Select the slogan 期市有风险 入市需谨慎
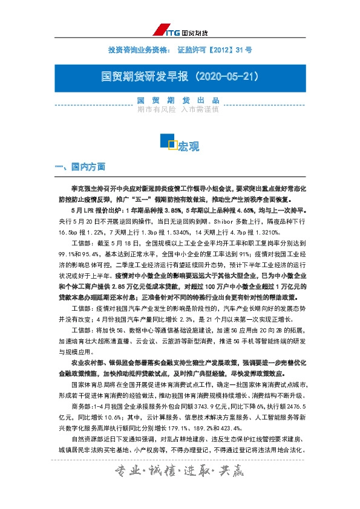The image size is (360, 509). click(x=178, y=110)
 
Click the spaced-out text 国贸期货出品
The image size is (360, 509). click(x=178, y=100)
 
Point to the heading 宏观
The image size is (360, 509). click(x=188, y=146)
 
